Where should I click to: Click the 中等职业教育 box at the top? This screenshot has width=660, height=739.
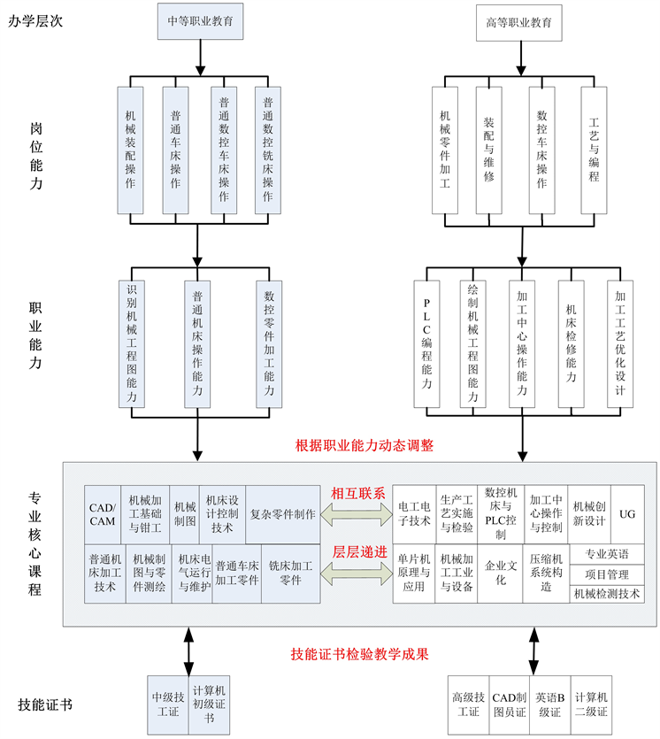coord(200,21)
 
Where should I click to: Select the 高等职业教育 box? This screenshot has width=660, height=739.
coord(518,23)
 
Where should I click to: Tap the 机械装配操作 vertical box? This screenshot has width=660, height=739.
coord(130,150)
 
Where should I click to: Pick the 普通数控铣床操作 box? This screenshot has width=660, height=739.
coord(267,150)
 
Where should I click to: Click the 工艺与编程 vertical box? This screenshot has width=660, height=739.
coord(594,150)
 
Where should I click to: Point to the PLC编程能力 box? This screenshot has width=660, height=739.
coord(426,344)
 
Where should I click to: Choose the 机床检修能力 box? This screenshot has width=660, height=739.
coord(571,344)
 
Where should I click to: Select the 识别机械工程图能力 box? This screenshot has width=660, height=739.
coord(132,344)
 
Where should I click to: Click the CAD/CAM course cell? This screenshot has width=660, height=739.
coord(103,515)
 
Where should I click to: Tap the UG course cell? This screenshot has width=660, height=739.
coord(627,514)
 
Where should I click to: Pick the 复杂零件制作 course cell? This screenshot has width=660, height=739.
coord(282,515)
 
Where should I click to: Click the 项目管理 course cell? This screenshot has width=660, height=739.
coord(607,574)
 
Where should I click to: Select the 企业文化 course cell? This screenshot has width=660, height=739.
coord(500,573)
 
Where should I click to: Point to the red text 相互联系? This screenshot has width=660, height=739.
coord(358,494)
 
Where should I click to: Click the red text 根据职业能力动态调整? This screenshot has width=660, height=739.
coord(365,445)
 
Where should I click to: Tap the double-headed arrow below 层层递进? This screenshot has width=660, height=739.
coord(357,573)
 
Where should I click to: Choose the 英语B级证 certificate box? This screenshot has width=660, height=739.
coord(549,704)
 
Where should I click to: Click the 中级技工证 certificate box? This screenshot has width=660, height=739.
coord(168,704)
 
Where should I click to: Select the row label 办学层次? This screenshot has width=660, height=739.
coord(35,21)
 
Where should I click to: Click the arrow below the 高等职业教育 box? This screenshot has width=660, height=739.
coord(520,58)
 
